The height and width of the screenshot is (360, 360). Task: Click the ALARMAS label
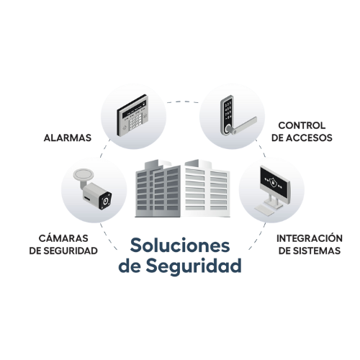click(68, 138)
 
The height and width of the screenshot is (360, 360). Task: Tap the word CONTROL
click(302, 125)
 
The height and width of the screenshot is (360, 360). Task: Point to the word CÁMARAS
click(63, 238)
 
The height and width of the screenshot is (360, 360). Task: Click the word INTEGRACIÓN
click(310, 238)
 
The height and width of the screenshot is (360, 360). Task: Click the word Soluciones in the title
click(180, 245)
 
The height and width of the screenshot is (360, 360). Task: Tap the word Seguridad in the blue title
click(194, 266)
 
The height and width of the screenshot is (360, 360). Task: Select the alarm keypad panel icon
click(132, 115)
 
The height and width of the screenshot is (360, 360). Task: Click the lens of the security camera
click(105, 201)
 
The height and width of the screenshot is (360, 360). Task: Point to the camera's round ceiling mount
click(84, 174)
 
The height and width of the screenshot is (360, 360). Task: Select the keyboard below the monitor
click(264, 210)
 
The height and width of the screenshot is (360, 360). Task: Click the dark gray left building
click(158, 189)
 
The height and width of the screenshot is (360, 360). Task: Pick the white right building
click(206, 189)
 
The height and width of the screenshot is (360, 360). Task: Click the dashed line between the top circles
click(183, 102)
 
